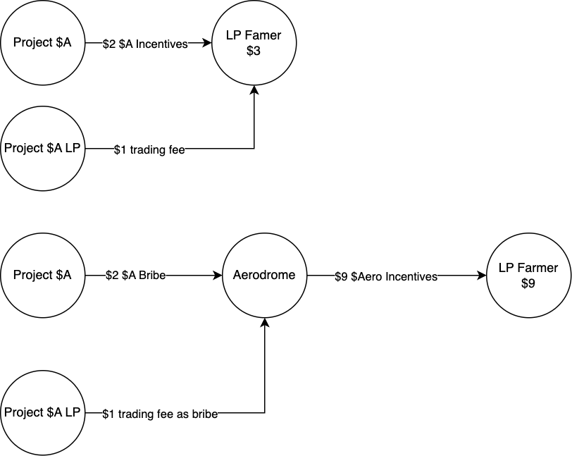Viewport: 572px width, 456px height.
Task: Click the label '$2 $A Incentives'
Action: [145, 44]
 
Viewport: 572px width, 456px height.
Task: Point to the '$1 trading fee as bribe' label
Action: [160, 414]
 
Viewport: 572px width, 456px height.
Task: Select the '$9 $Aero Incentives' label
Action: [386, 277]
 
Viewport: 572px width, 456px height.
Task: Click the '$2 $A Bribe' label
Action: [135, 276]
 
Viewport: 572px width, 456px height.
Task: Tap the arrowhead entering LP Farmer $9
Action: [483, 276]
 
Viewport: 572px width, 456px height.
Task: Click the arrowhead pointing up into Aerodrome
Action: [264, 323]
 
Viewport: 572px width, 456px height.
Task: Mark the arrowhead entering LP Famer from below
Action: [254, 90]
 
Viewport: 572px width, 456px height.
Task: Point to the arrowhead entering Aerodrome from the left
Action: [218, 276]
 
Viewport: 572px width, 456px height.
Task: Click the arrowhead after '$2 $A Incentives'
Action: [207, 43]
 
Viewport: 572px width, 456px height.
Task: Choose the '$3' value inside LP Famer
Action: [254, 51]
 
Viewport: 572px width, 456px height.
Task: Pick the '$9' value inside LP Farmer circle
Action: [528, 283]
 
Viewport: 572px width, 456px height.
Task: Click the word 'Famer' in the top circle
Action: [262, 35]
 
